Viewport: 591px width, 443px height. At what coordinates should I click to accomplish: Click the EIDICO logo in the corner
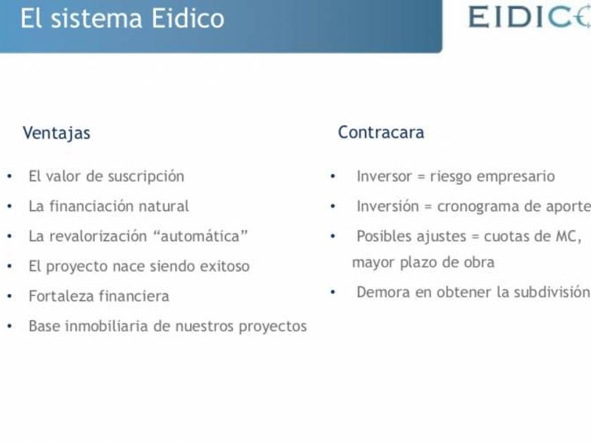(x=530, y=17)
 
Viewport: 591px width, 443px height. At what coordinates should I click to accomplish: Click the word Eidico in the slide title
(x=188, y=18)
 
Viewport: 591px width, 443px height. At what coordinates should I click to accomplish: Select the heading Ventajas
(x=56, y=133)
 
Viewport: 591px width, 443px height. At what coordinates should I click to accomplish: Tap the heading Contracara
(x=381, y=132)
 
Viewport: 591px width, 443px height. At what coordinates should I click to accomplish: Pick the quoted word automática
(x=201, y=236)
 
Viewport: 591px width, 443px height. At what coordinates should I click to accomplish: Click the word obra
(x=478, y=262)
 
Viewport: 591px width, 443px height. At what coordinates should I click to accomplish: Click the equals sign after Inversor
(x=421, y=176)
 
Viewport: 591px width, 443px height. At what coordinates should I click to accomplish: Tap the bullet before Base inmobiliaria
(x=10, y=326)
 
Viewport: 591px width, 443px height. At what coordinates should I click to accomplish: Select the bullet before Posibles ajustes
(x=333, y=236)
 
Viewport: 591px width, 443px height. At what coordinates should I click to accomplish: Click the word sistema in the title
(x=96, y=18)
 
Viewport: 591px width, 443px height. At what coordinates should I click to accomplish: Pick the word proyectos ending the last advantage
(x=272, y=326)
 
